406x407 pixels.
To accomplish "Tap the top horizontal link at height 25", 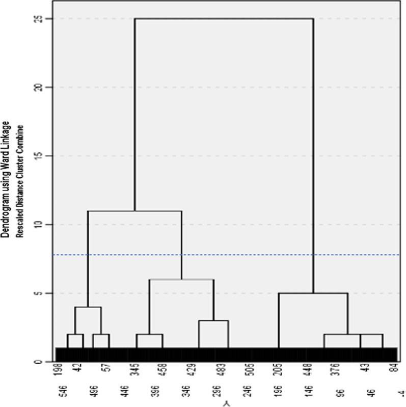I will [x=224, y=19].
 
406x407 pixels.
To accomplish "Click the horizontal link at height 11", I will [x=134, y=211].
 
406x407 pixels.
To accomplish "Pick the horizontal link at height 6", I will [x=181, y=280].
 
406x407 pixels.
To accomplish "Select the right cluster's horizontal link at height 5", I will [x=313, y=293].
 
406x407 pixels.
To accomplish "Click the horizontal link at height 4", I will [x=88, y=307].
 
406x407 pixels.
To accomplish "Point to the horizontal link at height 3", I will [x=213, y=321].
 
